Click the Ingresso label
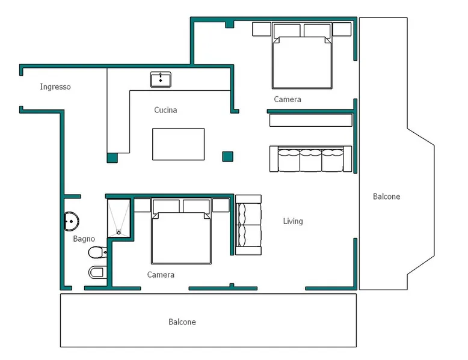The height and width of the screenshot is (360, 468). point(55,87)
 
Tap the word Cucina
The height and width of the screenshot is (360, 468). point(165,110)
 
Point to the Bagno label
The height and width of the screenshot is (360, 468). point(84,239)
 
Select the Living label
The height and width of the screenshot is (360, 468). point(293,221)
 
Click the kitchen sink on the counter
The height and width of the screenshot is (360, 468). point(161,79)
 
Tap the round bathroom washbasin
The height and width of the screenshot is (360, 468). point(72,221)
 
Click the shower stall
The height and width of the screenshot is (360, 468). point(119,218)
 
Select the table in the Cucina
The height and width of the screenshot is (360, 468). point(178,144)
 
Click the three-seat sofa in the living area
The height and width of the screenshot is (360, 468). point(311,159)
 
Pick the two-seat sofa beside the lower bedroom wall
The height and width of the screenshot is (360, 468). point(248,225)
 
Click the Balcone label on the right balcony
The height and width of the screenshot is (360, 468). point(387,197)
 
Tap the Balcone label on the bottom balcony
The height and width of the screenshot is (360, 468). point(182,322)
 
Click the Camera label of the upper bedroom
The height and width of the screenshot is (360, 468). point(288,99)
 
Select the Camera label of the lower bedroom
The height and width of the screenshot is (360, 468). point(161,275)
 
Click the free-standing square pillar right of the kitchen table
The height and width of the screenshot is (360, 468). point(228,157)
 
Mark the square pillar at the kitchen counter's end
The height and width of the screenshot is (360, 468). point(112,158)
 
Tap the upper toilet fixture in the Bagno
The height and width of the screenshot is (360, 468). point(97,253)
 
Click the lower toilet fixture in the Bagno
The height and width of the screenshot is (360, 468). point(97,272)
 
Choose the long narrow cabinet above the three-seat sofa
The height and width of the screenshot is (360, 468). point(311,120)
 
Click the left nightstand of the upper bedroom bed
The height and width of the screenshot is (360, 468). point(262,29)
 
